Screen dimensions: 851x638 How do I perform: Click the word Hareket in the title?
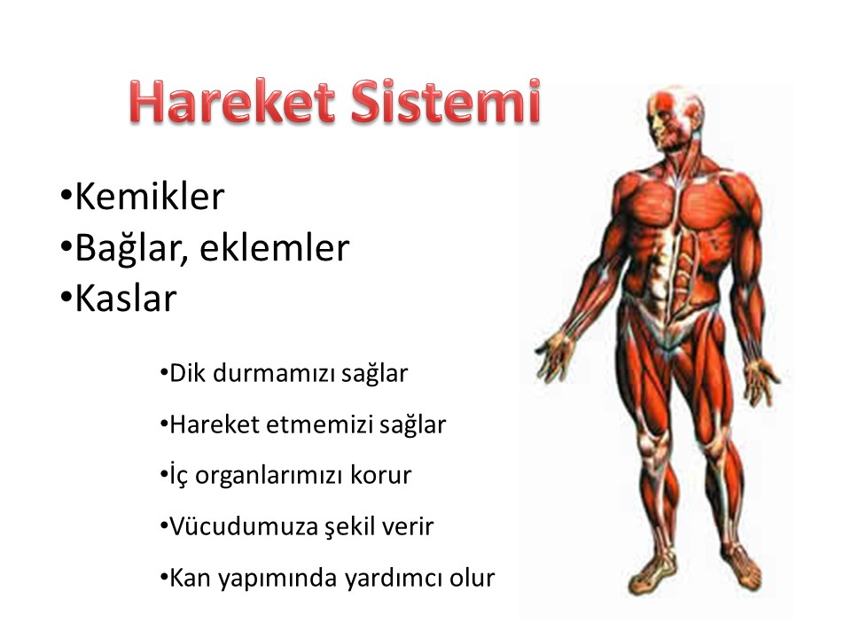pyautogui.click(x=233, y=102)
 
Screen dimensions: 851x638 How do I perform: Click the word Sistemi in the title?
pyautogui.click(x=446, y=101)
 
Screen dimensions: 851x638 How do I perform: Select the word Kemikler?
pyautogui.click(x=149, y=196)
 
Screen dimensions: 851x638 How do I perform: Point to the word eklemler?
pyautogui.click(x=275, y=247)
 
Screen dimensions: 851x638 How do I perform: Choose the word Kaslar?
pyautogui.click(x=126, y=299)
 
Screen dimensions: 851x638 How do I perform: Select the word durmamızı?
pyautogui.click(x=274, y=373)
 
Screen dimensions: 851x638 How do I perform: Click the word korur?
pyautogui.click(x=381, y=475)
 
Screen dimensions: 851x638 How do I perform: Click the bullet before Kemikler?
pyautogui.click(x=66, y=195)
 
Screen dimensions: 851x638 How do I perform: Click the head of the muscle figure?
pyautogui.click(x=673, y=118)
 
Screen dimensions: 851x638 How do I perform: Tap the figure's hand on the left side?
pyautogui.click(x=553, y=355)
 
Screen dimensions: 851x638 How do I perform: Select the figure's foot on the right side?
pyautogui.click(x=740, y=569)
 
